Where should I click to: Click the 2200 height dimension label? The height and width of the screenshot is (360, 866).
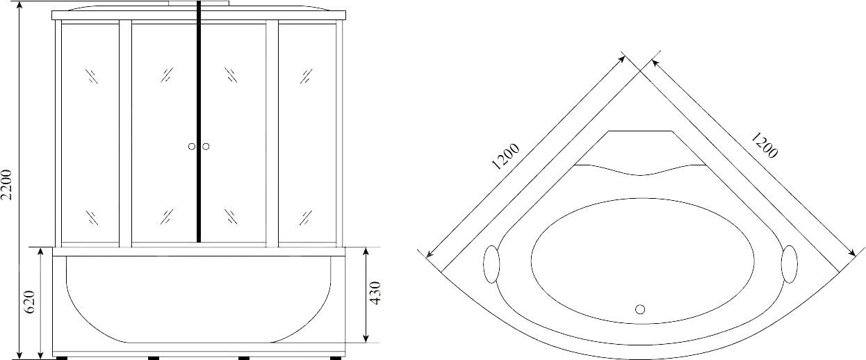point(8,185)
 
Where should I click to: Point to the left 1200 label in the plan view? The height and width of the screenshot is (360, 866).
point(505,157)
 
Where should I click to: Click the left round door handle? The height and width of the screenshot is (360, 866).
point(191,147)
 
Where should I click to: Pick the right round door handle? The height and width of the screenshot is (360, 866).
point(206,147)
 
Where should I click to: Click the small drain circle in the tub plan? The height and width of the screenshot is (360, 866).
point(640,309)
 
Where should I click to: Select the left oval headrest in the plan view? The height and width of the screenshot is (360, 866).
point(491,265)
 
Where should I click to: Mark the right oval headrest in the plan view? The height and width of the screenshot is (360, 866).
point(790,265)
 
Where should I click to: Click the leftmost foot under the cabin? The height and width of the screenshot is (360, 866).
point(61,358)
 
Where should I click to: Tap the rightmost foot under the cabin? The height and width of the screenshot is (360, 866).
point(336,358)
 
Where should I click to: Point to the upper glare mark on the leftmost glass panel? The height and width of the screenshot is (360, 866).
point(92,76)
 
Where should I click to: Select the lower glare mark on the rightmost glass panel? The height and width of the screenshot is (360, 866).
point(307,217)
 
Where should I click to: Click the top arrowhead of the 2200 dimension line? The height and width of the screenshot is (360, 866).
point(21,14)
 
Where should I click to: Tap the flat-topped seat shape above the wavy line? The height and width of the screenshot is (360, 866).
point(640,147)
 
